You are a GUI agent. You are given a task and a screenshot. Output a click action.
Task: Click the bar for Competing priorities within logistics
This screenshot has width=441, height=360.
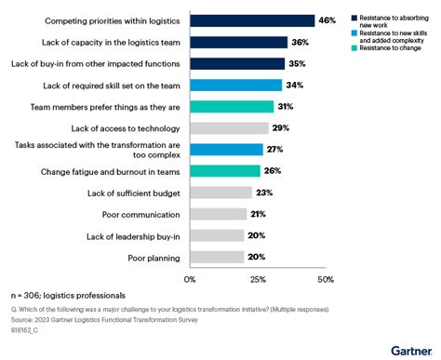[251, 20]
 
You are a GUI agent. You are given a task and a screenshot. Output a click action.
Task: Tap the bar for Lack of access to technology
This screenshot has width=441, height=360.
[229, 127]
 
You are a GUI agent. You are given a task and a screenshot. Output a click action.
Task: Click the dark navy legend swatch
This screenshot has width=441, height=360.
[344, 17]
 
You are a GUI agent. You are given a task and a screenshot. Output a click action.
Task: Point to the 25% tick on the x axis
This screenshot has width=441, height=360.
[258, 279]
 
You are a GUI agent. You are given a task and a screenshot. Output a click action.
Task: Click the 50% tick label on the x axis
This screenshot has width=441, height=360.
[325, 279]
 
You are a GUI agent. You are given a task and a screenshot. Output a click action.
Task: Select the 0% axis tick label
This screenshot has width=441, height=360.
[191, 279]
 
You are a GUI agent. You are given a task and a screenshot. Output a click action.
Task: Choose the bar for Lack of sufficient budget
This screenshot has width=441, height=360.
[220, 193]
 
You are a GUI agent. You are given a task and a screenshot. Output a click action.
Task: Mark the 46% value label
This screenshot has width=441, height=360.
[327, 20]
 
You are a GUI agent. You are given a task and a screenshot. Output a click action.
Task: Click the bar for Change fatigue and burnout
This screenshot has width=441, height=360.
[224, 171]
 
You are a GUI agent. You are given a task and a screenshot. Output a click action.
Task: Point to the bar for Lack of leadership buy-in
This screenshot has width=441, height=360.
[217, 235]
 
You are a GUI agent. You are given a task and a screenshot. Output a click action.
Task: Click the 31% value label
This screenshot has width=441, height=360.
[287, 106]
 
